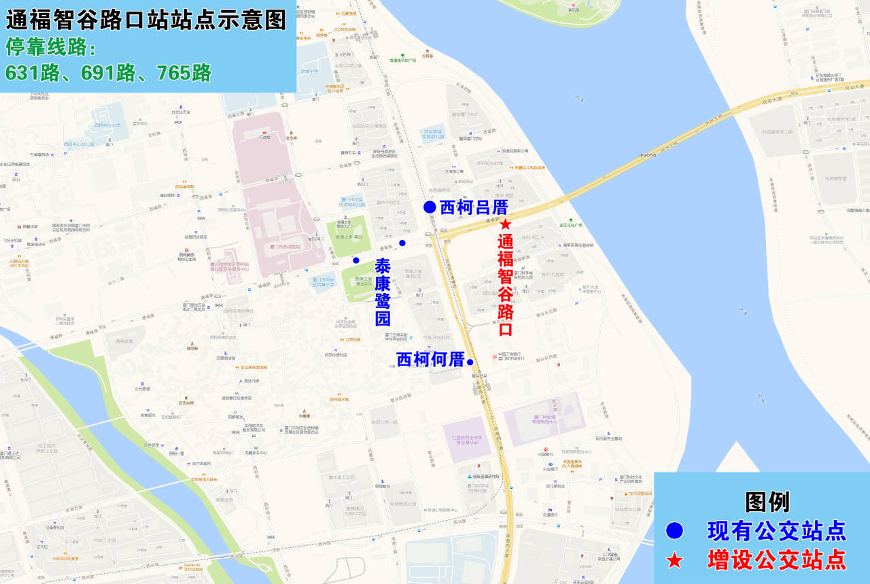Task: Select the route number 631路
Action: [x=32, y=73]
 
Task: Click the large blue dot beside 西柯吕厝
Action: [x=429, y=207]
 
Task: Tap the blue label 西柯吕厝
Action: [x=474, y=207]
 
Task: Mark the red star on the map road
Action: [x=505, y=224]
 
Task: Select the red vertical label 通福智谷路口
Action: [x=505, y=285]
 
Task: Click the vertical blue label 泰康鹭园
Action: [x=383, y=292]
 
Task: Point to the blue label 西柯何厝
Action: [x=430, y=359]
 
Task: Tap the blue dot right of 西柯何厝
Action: [x=470, y=362]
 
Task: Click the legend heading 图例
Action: [x=767, y=502]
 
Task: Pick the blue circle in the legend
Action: [x=674, y=531]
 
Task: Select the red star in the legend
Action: [x=674, y=560]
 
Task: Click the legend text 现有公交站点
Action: [x=777, y=531]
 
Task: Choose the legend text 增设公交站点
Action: [x=777, y=560]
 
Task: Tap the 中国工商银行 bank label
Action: [x=509, y=354]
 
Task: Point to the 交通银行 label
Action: [x=551, y=515]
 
